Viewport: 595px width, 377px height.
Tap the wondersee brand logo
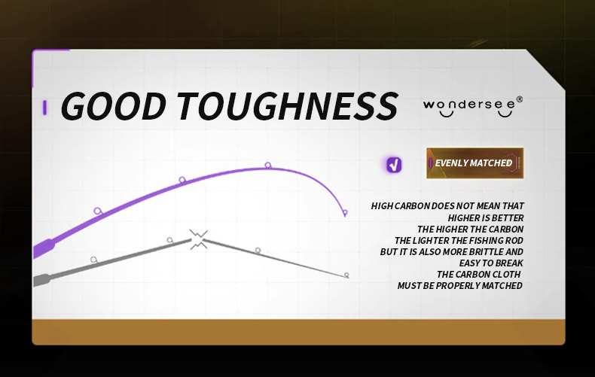(x=473, y=107)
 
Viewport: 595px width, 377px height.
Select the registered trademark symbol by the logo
(x=520, y=100)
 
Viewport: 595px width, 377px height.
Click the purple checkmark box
(x=394, y=165)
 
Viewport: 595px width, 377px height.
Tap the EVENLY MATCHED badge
(x=474, y=163)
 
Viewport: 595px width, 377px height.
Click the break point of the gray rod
(x=199, y=240)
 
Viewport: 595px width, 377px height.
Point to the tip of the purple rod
(x=345, y=214)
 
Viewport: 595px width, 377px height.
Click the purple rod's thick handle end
(x=43, y=248)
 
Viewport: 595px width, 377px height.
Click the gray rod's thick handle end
(x=41, y=280)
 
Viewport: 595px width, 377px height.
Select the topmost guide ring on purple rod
(x=268, y=165)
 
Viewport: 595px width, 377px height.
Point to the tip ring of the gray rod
(x=346, y=275)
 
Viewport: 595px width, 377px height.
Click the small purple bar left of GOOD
(x=44, y=108)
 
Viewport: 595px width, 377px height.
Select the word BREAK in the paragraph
(x=507, y=263)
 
